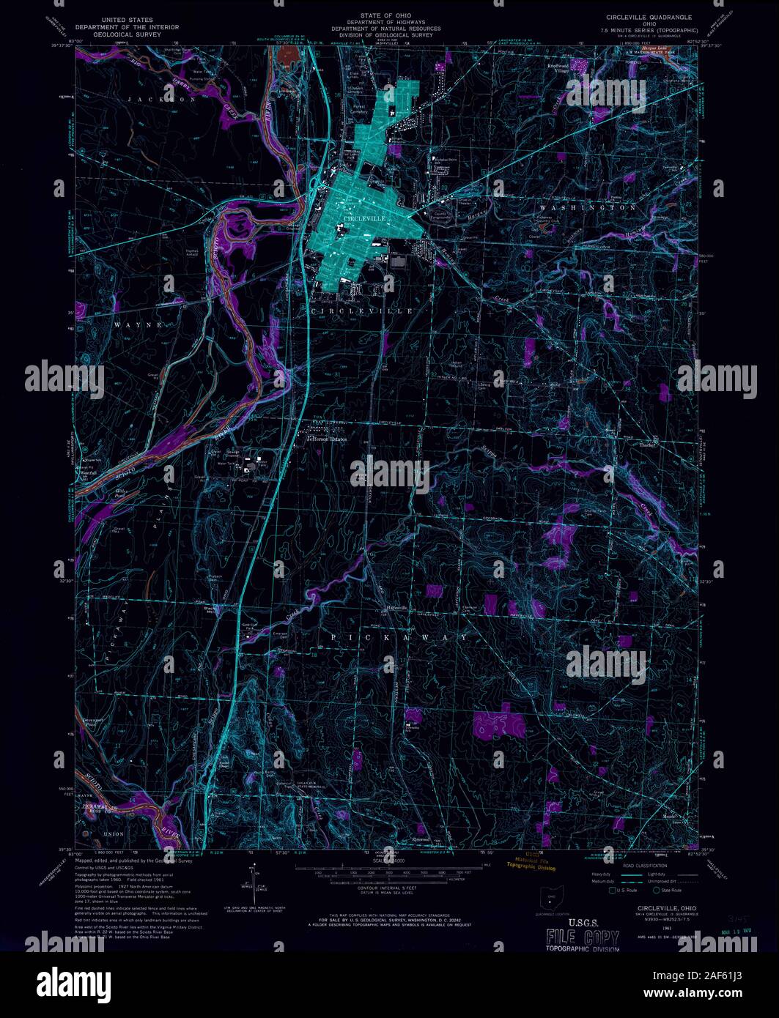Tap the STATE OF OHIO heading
tap(385, 15)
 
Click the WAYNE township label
tap(137, 324)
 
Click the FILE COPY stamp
tap(583, 937)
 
